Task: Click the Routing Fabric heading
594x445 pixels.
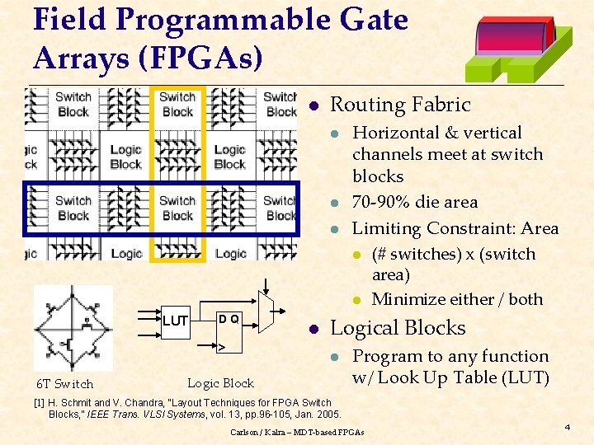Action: [x=399, y=105]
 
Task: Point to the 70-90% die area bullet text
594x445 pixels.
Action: [x=415, y=202]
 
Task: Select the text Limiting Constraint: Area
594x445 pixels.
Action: [x=455, y=228]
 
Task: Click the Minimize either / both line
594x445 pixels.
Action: [x=457, y=299]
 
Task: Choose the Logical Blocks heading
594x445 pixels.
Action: [x=398, y=328]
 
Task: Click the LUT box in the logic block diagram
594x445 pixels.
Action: [x=175, y=320]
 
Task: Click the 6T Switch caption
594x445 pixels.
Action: [x=65, y=384]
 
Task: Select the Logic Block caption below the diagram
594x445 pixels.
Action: [x=220, y=382]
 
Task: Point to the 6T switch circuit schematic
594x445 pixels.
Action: [x=73, y=328]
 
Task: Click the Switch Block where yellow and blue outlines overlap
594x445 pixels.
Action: [x=177, y=208]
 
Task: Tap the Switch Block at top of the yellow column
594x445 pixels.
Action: [x=177, y=105]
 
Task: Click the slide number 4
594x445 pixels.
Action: [x=567, y=427]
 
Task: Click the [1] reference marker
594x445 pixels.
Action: [x=38, y=402]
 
